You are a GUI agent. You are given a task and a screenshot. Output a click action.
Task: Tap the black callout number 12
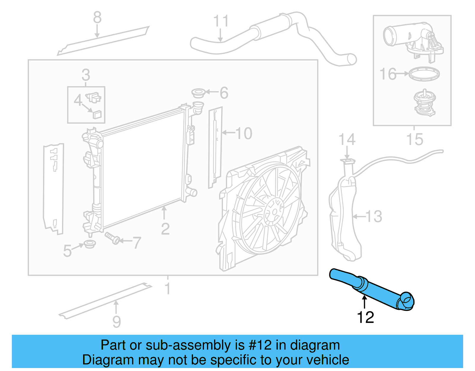click(365, 318)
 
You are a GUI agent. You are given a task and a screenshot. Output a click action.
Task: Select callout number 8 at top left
click(97, 18)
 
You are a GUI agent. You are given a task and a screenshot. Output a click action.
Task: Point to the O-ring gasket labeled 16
click(424, 73)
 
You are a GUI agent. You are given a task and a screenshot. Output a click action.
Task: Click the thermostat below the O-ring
click(425, 103)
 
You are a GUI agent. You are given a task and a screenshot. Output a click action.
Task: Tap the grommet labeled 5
click(90, 244)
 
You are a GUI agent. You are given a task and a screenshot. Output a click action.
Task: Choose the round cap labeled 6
click(198, 93)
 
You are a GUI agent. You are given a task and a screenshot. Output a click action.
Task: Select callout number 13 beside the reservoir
click(374, 216)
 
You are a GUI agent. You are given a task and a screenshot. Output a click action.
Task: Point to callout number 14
click(347, 139)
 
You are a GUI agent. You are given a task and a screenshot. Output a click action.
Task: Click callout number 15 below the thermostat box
click(414, 139)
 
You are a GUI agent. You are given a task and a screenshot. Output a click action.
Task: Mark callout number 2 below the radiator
click(165, 229)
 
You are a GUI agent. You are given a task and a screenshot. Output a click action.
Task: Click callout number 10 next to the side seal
click(244, 133)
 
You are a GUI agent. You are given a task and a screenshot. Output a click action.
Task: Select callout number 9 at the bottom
click(116, 321)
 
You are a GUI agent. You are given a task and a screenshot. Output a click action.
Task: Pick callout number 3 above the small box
click(85, 75)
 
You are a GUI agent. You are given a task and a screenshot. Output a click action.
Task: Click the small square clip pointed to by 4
click(97, 114)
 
